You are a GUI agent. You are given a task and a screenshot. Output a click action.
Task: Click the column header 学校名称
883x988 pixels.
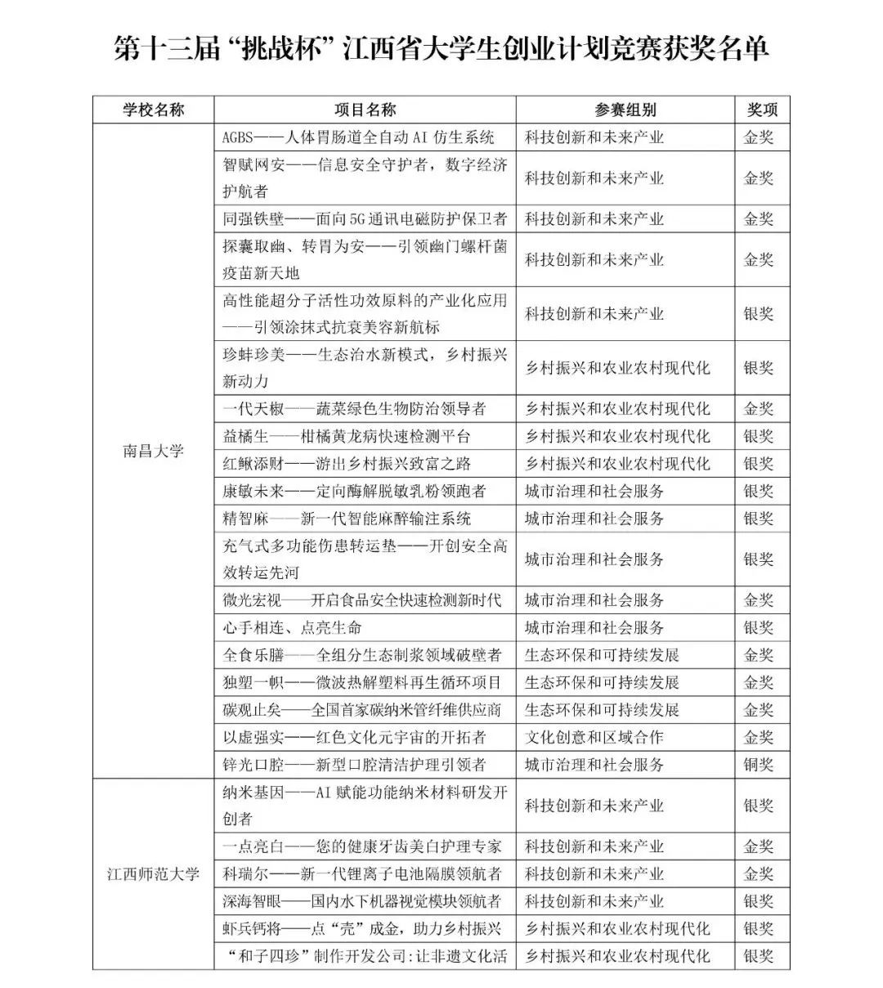(x=154, y=110)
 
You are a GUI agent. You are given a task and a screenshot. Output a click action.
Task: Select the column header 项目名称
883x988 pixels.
(x=365, y=110)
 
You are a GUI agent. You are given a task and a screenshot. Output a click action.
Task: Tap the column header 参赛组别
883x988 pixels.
(x=625, y=110)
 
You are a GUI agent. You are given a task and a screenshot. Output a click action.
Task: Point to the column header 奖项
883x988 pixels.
(x=761, y=110)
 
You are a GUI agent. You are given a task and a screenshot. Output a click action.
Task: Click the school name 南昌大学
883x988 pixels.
(x=154, y=451)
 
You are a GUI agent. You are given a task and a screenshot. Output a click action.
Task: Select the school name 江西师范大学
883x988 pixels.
(x=154, y=873)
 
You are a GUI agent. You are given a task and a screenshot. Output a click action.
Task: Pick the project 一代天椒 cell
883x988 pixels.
(x=354, y=409)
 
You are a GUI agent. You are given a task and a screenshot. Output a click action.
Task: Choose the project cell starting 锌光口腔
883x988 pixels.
(x=354, y=765)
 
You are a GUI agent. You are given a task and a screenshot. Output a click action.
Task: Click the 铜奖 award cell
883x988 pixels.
(x=758, y=765)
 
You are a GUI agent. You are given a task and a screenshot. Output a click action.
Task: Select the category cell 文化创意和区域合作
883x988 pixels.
(x=594, y=737)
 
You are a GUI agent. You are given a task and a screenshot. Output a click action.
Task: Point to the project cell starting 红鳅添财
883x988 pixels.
(x=347, y=464)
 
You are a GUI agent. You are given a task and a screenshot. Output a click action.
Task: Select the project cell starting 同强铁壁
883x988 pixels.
(x=365, y=219)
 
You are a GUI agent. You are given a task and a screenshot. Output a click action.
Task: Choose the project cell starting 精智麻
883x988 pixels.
(x=347, y=519)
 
